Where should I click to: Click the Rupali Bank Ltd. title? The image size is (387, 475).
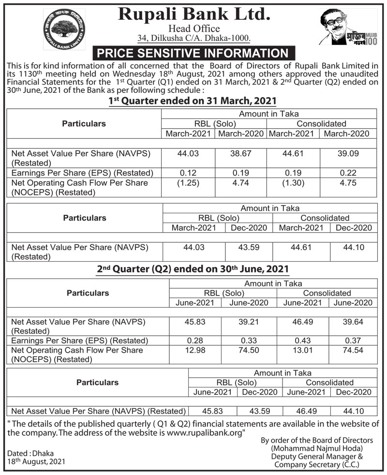point(193,14)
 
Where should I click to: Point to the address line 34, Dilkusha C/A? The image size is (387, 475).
point(193,38)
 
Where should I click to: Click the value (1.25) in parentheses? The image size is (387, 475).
point(188,183)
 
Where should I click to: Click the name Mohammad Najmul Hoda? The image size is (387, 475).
point(317,448)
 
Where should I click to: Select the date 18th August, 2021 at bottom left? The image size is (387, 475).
point(36,461)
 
